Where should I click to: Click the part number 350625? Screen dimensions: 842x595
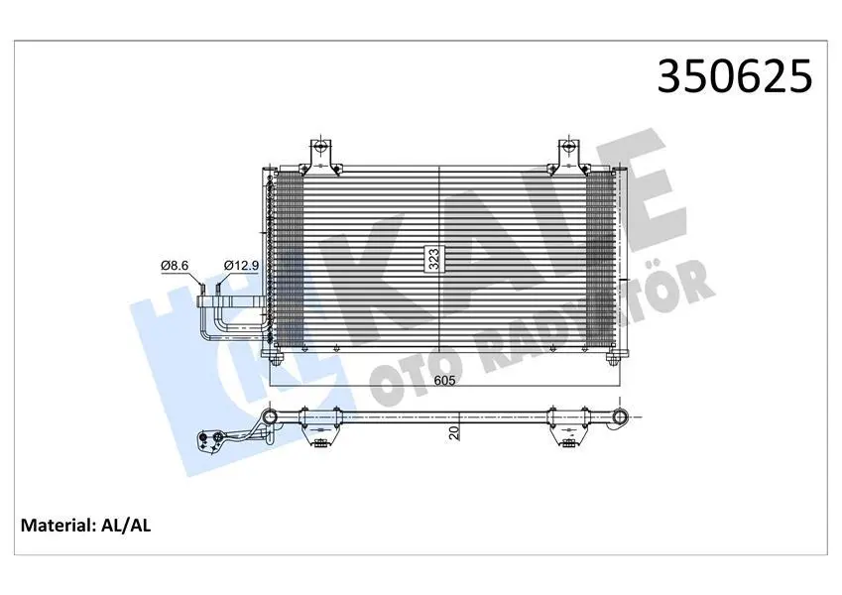[x=735, y=75]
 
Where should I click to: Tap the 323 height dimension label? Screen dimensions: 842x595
[x=432, y=260]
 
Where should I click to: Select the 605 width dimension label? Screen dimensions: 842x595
[x=444, y=380]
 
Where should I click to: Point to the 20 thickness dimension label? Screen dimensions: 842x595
[x=455, y=432]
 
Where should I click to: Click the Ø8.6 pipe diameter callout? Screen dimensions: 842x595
[x=174, y=265]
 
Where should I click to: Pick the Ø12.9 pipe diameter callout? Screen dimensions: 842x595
[x=242, y=265]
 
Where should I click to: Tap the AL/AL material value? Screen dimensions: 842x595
[x=126, y=525]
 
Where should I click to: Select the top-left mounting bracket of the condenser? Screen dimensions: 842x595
[x=320, y=156]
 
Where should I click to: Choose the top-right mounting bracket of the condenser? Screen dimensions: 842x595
[x=568, y=156]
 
